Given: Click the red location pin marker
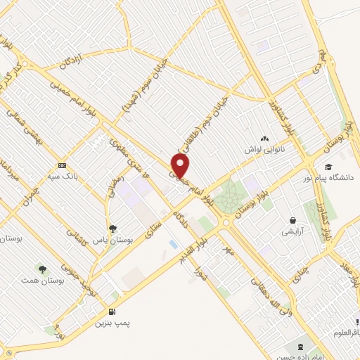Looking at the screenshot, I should point(181,165).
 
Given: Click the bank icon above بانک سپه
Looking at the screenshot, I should point(63,166).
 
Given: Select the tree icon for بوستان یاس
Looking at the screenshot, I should point(112,228).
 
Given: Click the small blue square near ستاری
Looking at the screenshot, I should point(173,243).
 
